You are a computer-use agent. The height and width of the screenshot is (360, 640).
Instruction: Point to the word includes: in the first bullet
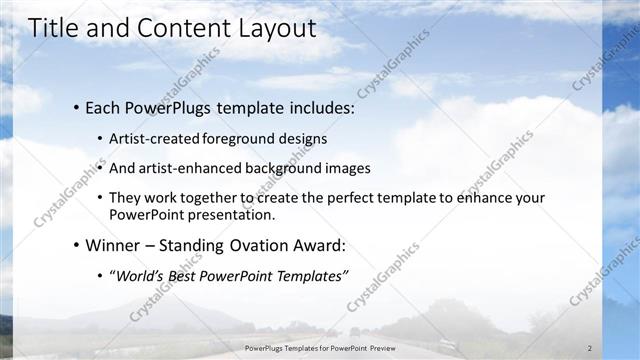(320, 107)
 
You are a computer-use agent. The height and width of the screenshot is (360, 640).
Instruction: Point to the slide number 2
(590, 349)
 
